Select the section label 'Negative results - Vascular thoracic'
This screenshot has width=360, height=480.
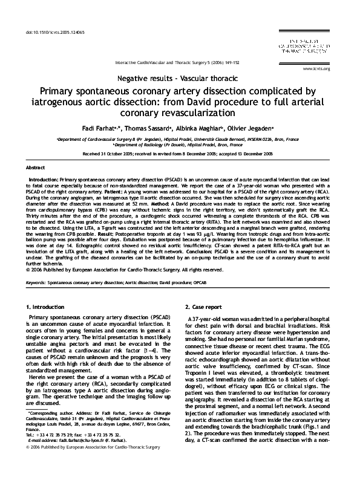(180, 79)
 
